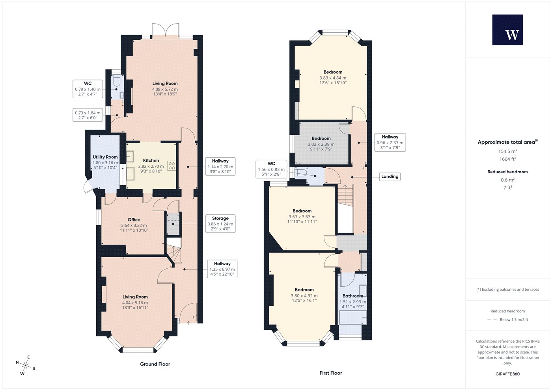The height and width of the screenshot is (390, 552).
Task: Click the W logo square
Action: [x=507, y=30]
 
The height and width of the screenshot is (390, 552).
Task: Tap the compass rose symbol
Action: [x=25, y=365]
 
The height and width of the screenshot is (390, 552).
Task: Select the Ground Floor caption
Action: [x=155, y=364]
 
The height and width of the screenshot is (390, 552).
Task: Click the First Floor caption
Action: [x=331, y=373]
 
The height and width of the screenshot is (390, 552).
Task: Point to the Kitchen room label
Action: [x=151, y=160]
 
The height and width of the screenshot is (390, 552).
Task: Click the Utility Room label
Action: [x=105, y=157]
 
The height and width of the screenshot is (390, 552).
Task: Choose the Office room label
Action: [x=134, y=220]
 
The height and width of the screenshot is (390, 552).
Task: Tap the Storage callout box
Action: [x=220, y=224]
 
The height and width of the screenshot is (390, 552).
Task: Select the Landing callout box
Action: [x=390, y=176]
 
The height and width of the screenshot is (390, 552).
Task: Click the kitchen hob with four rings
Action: [x=172, y=166]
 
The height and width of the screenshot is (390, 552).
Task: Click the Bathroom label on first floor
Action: [x=352, y=296]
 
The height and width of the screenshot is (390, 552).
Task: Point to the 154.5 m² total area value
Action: [x=508, y=151]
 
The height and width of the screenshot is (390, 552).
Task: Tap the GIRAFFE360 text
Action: [x=508, y=374]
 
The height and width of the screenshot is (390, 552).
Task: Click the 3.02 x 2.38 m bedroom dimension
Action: [x=321, y=144]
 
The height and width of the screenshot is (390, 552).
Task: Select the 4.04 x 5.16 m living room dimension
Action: [x=135, y=303]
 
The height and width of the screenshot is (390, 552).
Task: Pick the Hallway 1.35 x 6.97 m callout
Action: [x=222, y=269]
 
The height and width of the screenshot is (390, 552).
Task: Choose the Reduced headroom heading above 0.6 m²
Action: [x=508, y=172]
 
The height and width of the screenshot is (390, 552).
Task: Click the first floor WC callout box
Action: [x=271, y=169]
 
